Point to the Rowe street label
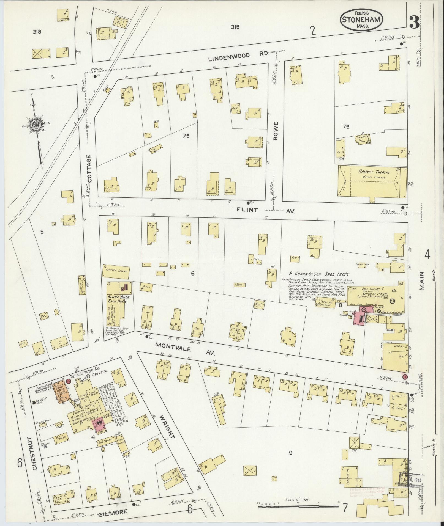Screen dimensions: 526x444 (x=276, y=131)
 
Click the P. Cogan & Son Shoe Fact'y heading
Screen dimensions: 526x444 (x=319, y=274)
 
